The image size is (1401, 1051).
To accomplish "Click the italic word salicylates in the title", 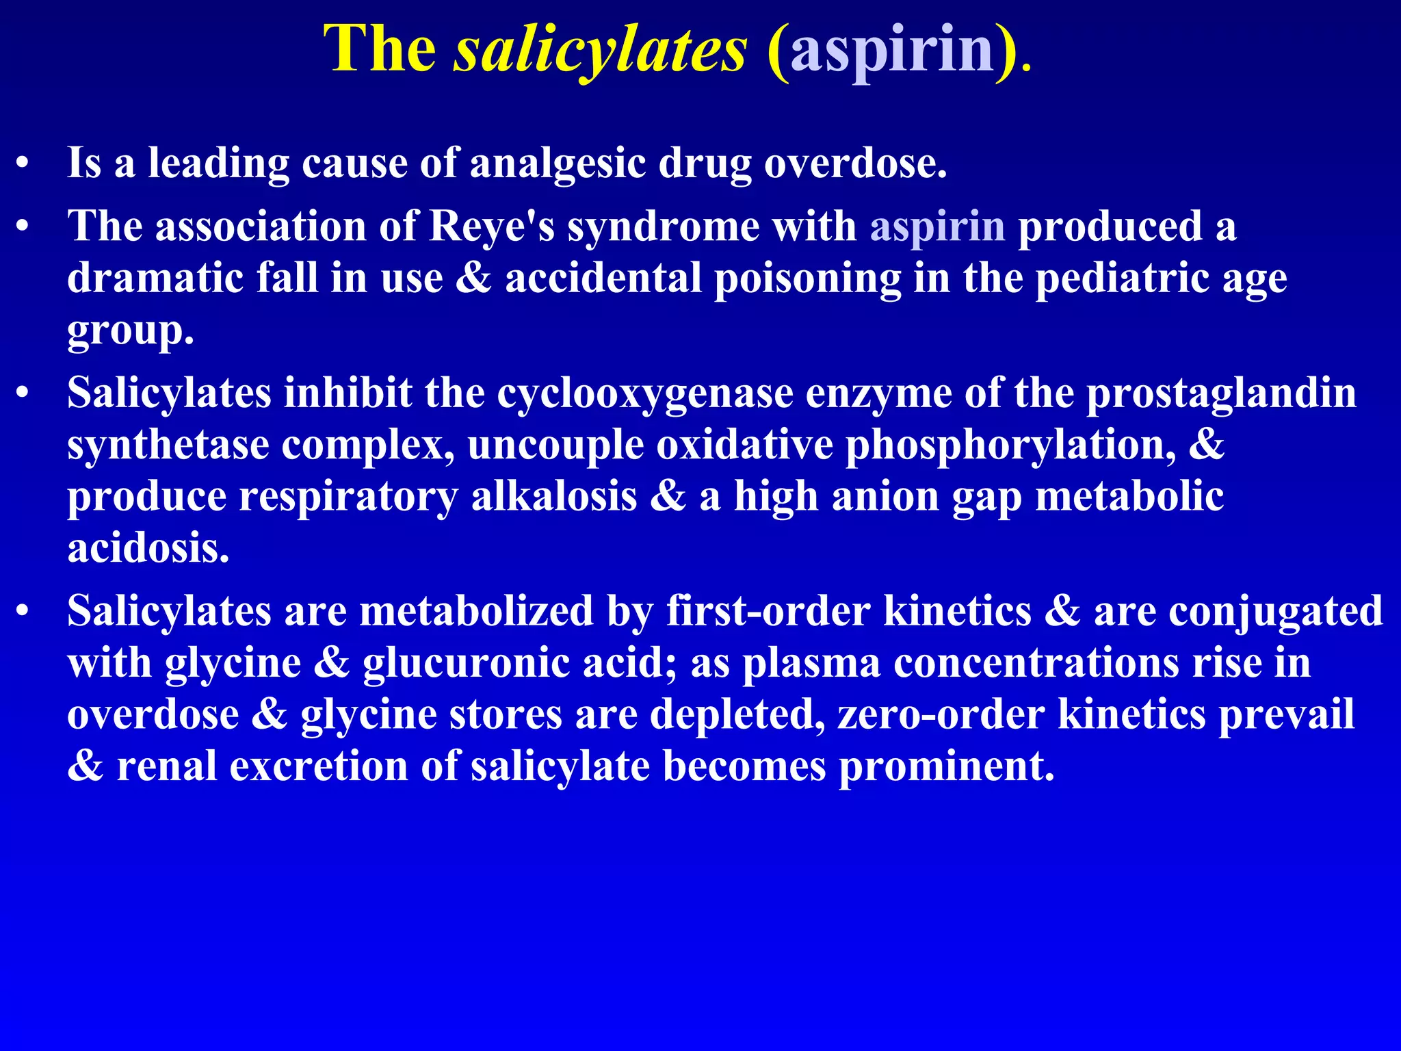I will click(600, 49).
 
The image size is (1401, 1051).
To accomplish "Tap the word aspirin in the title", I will click(892, 49).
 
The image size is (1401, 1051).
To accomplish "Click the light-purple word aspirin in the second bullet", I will click(937, 226).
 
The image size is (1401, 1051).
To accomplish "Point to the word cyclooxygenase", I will click(645, 394).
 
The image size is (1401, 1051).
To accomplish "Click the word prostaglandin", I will click(1221, 394).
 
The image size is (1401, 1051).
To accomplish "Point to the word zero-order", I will click(941, 714).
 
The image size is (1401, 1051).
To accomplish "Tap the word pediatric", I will click(1123, 278).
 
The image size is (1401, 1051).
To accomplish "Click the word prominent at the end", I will click(947, 766).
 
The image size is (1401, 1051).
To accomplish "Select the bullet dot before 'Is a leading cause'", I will click(23, 164).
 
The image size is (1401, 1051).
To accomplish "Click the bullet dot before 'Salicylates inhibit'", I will click(23, 395).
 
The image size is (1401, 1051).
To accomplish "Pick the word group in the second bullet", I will click(130, 331).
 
